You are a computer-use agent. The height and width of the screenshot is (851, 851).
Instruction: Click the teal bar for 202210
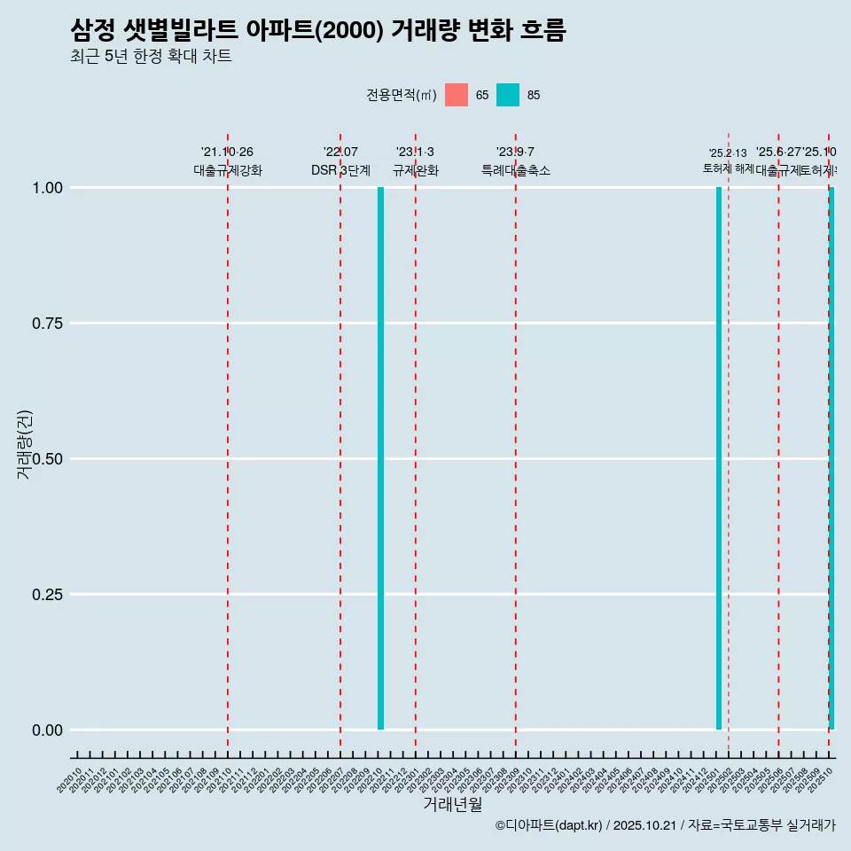tap(380, 458)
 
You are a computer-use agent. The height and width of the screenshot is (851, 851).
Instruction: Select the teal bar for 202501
tap(719, 458)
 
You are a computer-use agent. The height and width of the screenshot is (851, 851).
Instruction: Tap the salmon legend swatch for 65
tap(457, 95)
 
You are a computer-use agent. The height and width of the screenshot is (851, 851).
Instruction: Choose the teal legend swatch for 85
tap(508, 95)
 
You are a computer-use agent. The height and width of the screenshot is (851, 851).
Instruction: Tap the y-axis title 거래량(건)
tap(24, 444)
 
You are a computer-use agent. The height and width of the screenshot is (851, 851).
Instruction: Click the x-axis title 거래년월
tap(452, 804)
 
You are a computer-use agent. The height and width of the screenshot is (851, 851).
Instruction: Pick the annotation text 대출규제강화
tap(228, 170)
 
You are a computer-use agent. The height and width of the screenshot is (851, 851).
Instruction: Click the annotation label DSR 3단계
tap(340, 170)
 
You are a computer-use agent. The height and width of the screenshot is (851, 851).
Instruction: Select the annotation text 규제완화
tap(416, 170)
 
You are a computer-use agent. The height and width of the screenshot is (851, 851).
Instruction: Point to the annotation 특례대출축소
tap(516, 170)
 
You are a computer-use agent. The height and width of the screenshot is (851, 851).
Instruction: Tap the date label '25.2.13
tap(728, 153)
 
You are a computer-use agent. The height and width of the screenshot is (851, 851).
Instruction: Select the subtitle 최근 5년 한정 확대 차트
tap(151, 57)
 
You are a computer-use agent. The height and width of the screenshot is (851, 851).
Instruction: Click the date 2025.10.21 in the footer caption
tap(644, 825)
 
